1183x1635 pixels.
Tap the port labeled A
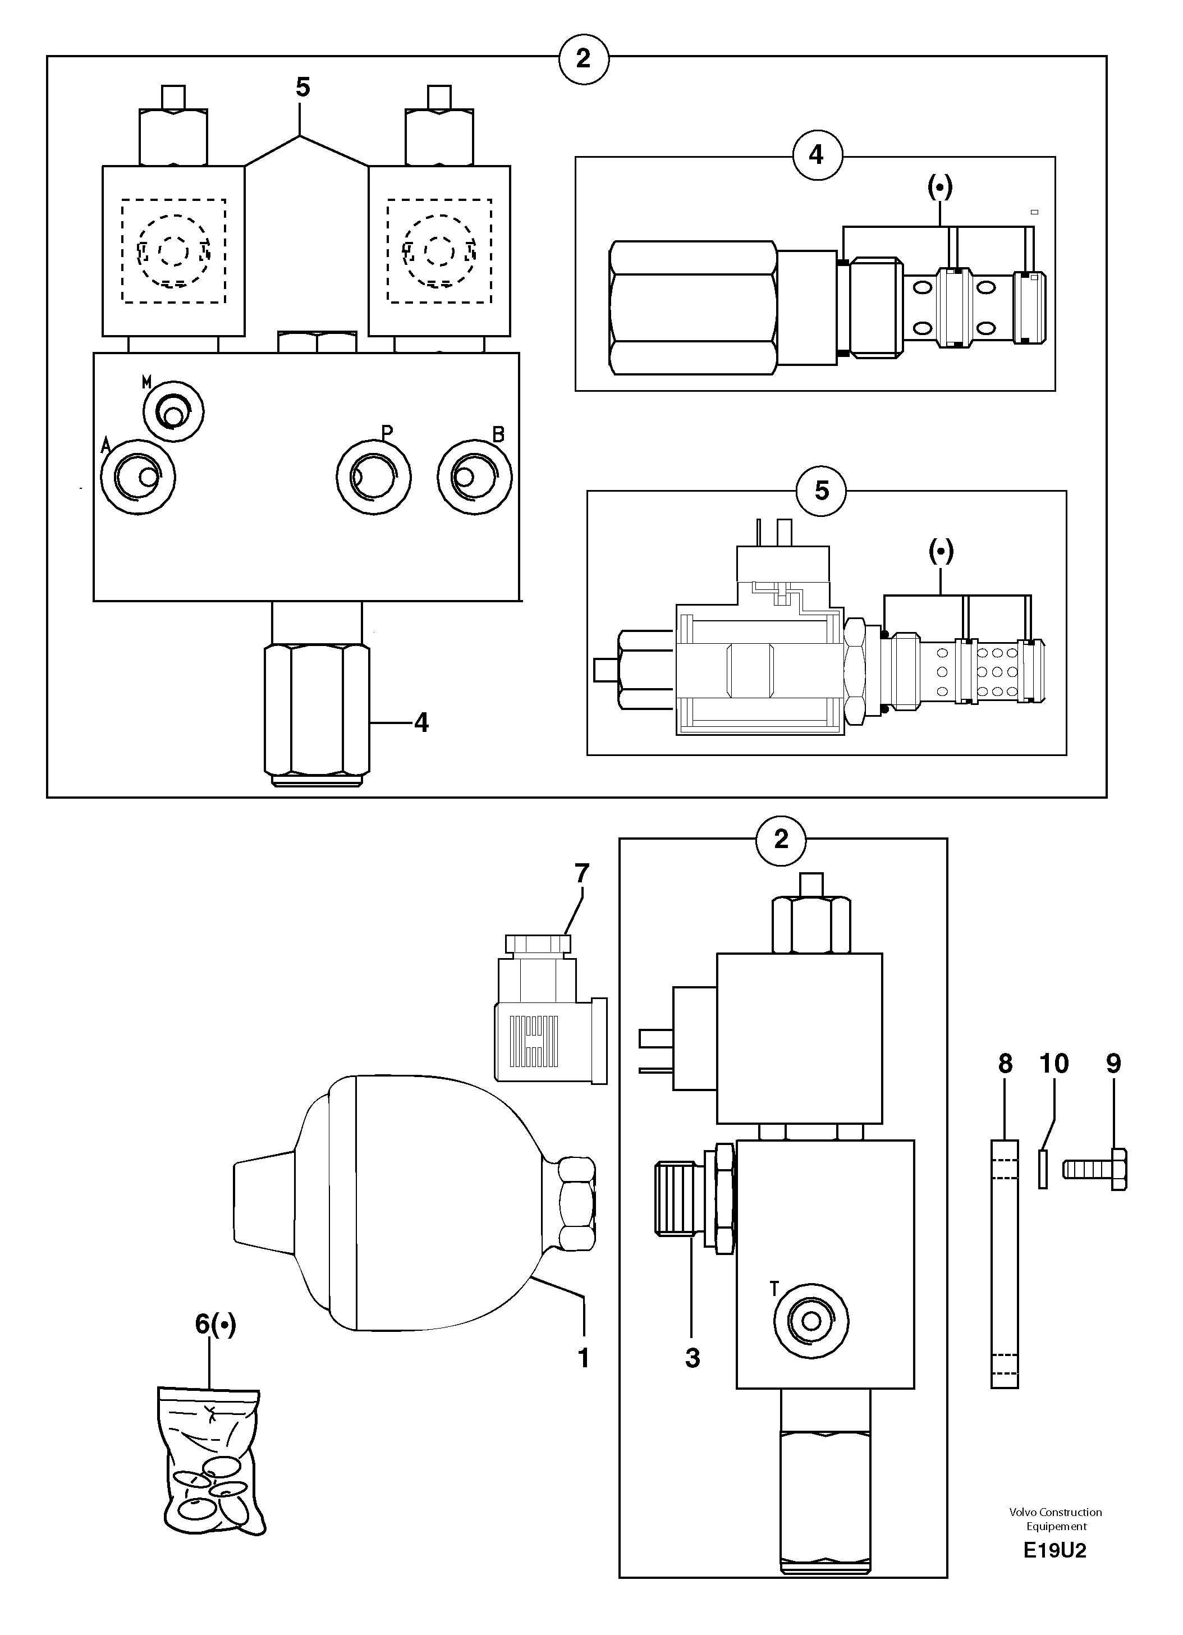pyautogui.click(x=137, y=476)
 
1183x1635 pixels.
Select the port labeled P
pyautogui.click(x=373, y=477)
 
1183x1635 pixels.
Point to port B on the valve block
pyautogui.click(x=474, y=477)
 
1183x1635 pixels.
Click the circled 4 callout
pyautogui.click(x=817, y=155)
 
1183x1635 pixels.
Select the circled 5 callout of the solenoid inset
pyautogui.click(x=821, y=491)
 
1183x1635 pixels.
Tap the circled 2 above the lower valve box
pyautogui.click(x=781, y=839)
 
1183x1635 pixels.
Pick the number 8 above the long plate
pyautogui.click(x=1005, y=1063)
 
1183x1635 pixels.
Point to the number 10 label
pyautogui.click(x=1053, y=1063)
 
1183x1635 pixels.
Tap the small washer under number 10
pyautogui.click(x=1043, y=1169)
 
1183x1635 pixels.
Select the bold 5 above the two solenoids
pyautogui.click(x=303, y=87)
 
